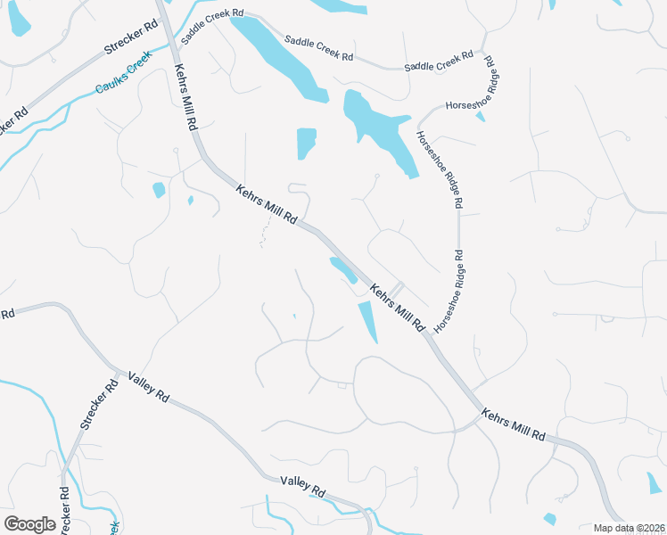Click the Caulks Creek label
tap(124, 77)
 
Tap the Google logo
tap(29, 524)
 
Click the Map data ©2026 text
tap(629, 528)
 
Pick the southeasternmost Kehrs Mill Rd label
tap(513, 424)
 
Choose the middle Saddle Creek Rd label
tap(318, 48)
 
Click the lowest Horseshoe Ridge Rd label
tap(450, 292)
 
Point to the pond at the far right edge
tap(656, 482)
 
